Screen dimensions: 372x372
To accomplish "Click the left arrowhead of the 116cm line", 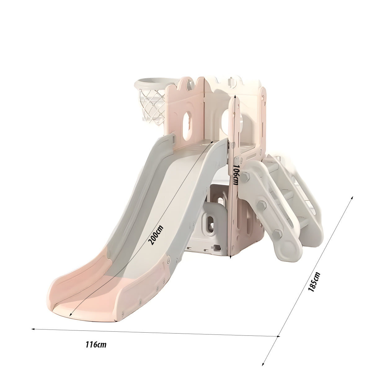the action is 33,329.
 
